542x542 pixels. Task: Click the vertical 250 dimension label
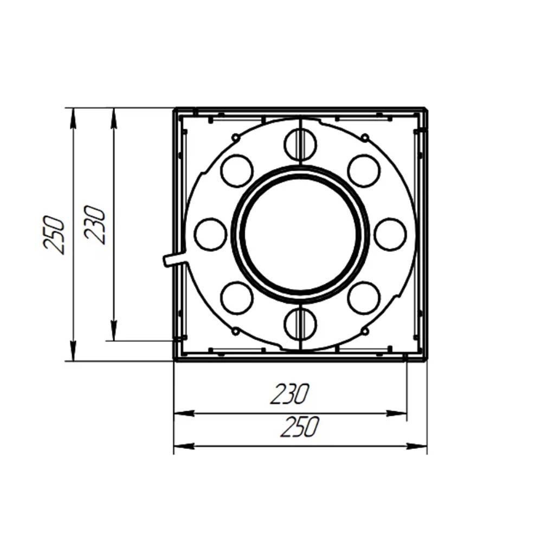tap(54, 235)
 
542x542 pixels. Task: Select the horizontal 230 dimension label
tap(289, 394)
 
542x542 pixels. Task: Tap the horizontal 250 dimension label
tap(299, 427)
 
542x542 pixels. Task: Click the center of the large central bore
tap(301, 234)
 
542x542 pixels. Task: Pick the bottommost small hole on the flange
tap(300, 324)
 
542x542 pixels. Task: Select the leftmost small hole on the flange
tap(211, 234)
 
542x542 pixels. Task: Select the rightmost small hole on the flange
tap(390, 234)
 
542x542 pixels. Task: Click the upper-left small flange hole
tap(237, 171)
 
